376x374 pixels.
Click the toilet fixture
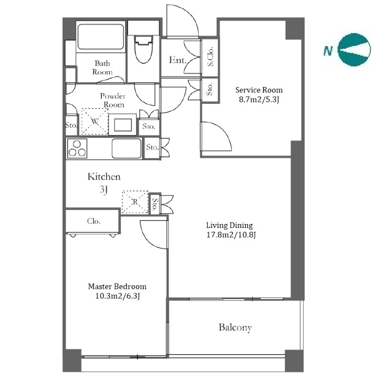pos(144,49)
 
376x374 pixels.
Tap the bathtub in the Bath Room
pos(100,37)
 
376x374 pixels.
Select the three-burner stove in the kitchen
pos(77,149)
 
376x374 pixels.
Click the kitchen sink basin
pos(126,149)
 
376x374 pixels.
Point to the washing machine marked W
pos(94,121)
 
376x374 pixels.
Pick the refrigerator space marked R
pos(135,202)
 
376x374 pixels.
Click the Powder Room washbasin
pos(123,125)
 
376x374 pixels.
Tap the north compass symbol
pos(354,50)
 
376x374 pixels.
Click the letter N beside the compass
pos(328,51)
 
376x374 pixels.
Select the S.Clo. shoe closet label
pos(210,56)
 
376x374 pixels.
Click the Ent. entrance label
pos(177,60)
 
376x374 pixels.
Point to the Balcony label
pos(235,327)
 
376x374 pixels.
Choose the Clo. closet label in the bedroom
pos(94,221)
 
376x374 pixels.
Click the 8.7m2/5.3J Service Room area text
pos(259,99)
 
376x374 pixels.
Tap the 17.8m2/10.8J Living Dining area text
pos(231,235)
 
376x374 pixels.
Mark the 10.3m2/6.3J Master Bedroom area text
pos(117,296)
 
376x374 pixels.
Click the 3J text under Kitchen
pos(104,190)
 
